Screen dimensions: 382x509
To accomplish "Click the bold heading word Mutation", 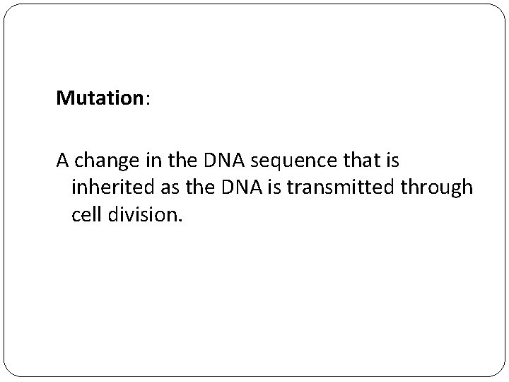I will (100, 98).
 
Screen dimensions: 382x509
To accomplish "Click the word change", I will (104, 161).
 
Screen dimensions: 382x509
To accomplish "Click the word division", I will (144, 214).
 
